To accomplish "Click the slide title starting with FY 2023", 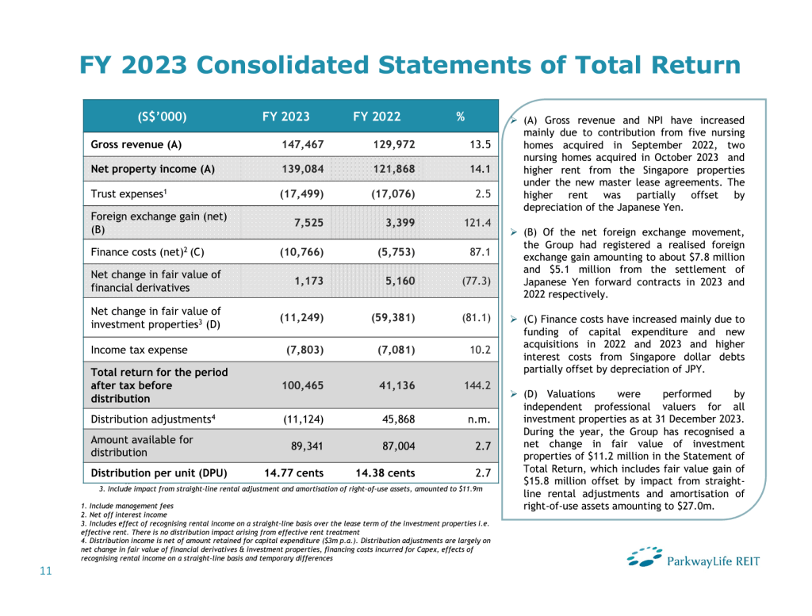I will (410, 65).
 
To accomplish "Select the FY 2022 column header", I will (377, 117).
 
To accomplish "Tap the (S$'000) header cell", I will (162, 117).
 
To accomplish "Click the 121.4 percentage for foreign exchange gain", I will (477, 224).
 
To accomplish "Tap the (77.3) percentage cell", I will (477, 281).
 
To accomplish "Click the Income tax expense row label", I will (140, 350).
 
